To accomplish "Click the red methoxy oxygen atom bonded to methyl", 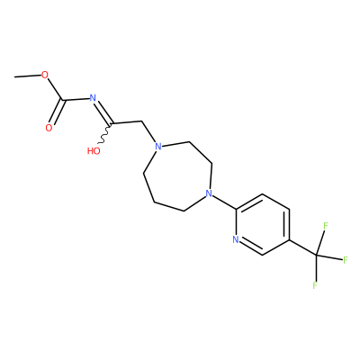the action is click(45, 75).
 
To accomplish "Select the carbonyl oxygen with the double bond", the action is click(49, 128).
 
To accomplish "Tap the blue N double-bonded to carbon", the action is click(93, 98).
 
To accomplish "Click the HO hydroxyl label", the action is click(94, 150).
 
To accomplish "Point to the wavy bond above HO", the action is click(105, 133).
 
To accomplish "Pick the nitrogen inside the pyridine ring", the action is click(236, 239).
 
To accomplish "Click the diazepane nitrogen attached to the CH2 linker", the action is click(157, 147).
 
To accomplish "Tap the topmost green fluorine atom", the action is click(325, 226).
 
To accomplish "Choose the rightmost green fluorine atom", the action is click(345, 260).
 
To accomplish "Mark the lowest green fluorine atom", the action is click(315, 285).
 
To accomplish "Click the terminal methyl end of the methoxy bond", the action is click(14, 77).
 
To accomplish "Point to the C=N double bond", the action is click(103, 112).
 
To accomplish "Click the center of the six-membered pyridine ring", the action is click(263, 225).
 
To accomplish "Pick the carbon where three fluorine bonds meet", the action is click(316, 256).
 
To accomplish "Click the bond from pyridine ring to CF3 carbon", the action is click(302, 247).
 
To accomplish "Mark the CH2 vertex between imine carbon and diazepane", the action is click(140, 121).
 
